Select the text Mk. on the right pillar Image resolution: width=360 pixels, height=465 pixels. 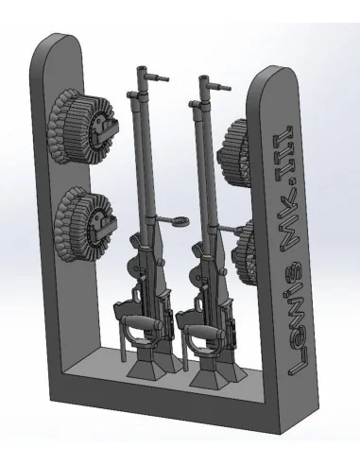point(290,218)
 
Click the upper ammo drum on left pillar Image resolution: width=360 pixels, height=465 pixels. point(83,127)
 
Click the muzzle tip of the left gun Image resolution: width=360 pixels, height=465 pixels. point(142,68)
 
